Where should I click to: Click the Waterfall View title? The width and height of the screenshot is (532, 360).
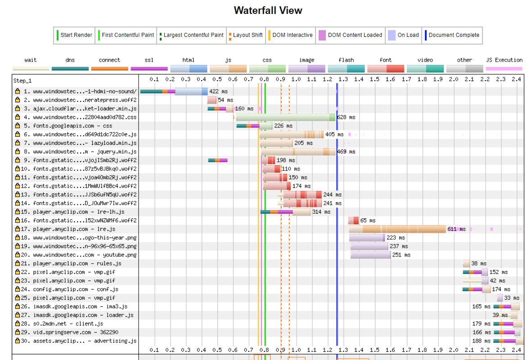point(268,11)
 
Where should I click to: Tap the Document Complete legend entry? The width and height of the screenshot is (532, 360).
point(453,35)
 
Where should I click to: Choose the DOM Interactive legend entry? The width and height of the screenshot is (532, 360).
point(292,35)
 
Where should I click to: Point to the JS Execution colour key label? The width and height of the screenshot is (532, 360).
point(504,60)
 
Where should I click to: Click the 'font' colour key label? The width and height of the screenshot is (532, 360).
point(385,60)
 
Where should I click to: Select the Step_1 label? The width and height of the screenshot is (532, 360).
point(23,81)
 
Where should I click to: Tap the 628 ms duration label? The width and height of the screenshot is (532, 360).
point(346,117)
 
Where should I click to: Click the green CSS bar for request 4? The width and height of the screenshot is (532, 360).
point(285,117)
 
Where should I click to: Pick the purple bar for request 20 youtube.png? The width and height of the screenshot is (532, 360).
point(370,255)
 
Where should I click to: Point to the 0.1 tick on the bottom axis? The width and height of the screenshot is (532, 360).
point(154,350)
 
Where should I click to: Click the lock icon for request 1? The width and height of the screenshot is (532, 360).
point(18,91)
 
